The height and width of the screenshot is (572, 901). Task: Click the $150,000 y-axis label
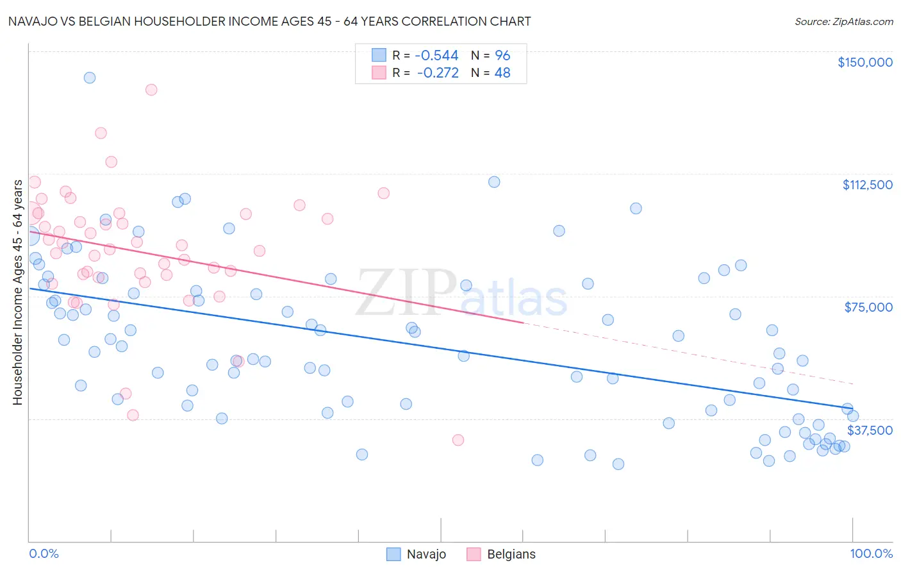[864, 62]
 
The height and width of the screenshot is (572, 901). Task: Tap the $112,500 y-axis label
[867, 185]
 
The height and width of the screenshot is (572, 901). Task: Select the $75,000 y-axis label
[868, 307]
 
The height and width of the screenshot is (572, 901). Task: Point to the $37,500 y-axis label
[870, 430]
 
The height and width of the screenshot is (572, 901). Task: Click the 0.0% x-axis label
[44, 553]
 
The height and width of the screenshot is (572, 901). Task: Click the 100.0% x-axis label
[871, 553]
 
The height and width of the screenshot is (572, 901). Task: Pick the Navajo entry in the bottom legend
[417, 554]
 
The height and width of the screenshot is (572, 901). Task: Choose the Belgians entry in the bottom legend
[502, 554]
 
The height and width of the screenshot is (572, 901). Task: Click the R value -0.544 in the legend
[437, 56]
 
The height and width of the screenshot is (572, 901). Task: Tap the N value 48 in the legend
[502, 73]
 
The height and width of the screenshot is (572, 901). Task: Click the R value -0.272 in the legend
[438, 73]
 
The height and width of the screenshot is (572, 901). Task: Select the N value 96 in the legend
[502, 56]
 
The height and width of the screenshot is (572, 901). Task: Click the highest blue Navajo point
[90, 78]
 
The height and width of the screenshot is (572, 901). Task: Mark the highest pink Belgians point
[151, 90]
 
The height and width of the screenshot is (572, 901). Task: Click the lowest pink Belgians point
[458, 440]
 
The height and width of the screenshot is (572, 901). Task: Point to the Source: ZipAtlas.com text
[843, 22]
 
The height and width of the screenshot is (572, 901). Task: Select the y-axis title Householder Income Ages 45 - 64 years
[17, 292]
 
